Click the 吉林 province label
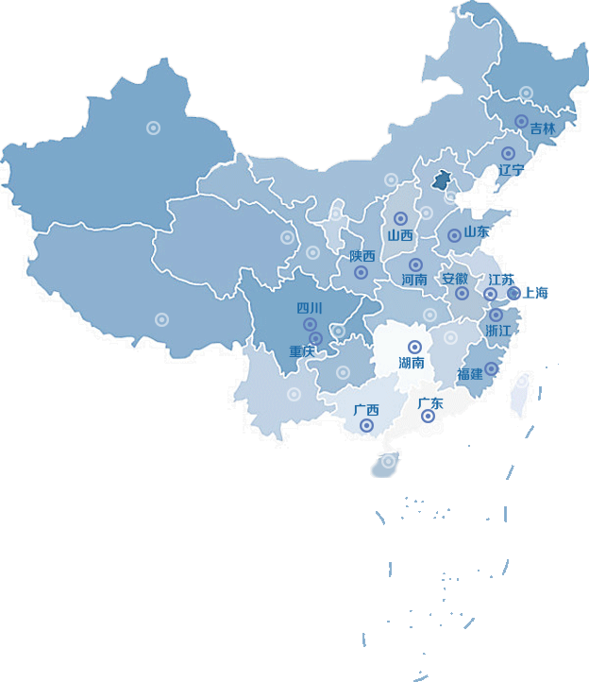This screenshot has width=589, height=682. click(x=543, y=128)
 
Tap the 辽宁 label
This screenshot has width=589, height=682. click(x=511, y=170)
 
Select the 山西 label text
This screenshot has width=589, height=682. click(x=400, y=235)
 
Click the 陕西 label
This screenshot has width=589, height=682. click(x=362, y=256)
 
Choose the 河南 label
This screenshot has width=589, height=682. click(x=414, y=280)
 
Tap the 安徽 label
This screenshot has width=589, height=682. click(x=455, y=279)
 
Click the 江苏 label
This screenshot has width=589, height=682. click(x=501, y=281)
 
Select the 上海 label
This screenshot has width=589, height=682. click(x=535, y=293)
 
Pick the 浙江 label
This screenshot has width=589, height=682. click(x=497, y=330)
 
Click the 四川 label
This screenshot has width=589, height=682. click(x=310, y=308)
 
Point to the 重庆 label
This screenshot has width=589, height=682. click(x=302, y=352)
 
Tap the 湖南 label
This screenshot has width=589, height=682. click(x=412, y=363)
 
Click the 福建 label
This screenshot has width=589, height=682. click(x=470, y=374)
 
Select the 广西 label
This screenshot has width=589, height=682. click(x=366, y=410)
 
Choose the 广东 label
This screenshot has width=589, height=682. click(x=430, y=403)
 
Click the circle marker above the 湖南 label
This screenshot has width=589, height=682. click(x=412, y=347)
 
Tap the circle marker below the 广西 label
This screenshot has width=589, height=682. click(x=366, y=426)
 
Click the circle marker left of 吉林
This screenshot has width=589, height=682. click(x=521, y=121)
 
